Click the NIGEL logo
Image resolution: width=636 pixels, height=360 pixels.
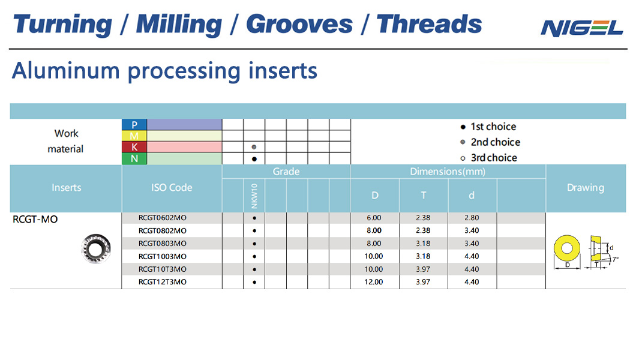(581, 28)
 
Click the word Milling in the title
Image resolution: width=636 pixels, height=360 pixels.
(179, 25)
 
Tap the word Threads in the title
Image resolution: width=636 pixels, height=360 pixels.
(429, 24)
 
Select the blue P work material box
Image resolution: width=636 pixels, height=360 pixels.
(134, 124)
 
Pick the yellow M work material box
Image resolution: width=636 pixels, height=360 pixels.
(134, 136)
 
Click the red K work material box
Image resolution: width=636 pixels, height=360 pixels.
(134, 147)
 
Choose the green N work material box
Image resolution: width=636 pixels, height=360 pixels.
(134, 158)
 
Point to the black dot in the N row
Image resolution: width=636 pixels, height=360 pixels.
(254, 159)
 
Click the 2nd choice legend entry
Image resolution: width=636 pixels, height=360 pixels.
(490, 142)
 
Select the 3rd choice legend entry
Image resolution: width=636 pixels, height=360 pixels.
(489, 158)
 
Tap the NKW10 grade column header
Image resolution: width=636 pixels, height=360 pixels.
(254, 196)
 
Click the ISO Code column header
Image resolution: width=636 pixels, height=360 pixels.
(172, 188)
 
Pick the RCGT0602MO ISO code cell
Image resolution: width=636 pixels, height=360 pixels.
(162, 218)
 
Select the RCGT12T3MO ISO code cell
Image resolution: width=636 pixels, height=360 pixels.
(162, 282)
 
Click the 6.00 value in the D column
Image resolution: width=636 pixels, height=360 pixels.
(374, 218)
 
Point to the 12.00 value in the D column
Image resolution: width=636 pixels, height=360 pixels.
(374, 282)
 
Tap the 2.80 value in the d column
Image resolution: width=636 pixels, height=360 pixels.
(472, 218)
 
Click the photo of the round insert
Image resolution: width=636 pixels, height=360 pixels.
(96, 249)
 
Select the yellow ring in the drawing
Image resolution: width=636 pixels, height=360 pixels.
(566, 248)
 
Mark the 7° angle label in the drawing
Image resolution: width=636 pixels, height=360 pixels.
(616, 259)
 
